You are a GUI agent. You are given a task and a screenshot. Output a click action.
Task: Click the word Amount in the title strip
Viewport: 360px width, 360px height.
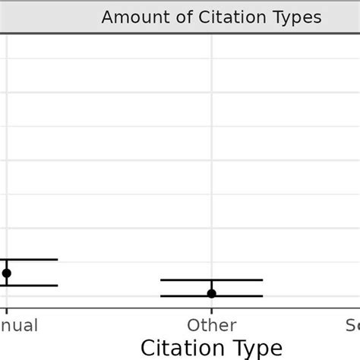coord(130,17)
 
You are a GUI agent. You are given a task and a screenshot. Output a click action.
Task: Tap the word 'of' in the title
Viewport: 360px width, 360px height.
coord(173,17)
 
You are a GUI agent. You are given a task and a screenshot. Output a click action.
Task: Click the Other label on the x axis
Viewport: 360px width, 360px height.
coord(212,326)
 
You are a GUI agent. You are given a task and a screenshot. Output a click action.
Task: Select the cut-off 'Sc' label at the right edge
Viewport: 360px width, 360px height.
coord(352,326)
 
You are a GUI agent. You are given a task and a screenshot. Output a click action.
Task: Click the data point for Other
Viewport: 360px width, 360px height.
coord(212,293)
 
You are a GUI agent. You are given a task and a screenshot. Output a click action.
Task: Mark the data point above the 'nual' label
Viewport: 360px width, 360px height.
coord(7,273)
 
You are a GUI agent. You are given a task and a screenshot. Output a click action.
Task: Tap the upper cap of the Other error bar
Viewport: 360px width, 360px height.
coord(212,279)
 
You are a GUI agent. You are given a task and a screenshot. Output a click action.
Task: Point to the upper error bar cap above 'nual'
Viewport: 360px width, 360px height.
coord(30,260)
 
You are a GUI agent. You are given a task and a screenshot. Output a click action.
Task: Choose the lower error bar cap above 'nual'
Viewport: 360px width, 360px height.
coord(30,286)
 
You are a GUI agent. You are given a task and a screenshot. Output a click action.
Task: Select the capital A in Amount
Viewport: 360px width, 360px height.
coord(107,17)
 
